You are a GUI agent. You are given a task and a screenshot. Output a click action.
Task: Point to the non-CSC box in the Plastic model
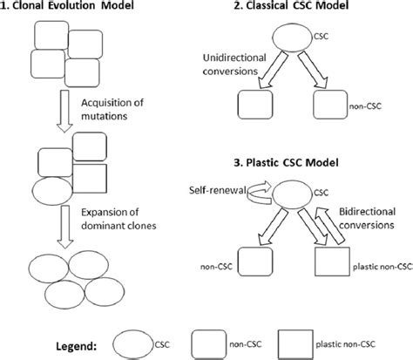tap(254, 262)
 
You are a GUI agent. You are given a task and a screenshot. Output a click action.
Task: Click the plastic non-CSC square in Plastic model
tap(329, 262)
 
